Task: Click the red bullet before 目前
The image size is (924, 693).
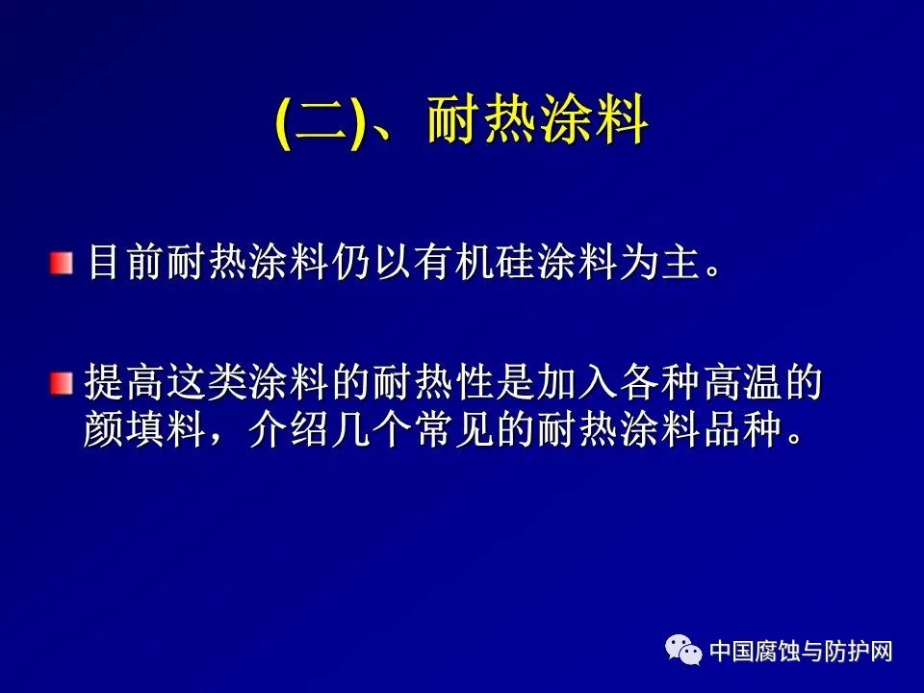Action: click(62, 263)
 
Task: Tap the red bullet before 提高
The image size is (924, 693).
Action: click(62, 384)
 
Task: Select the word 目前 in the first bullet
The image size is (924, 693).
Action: click(127, 262)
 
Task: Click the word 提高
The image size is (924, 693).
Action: click(123, 383)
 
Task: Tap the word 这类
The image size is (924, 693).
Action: click(205, 383)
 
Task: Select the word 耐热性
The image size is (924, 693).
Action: click(432, 383)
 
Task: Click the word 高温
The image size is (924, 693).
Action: click(741, 383)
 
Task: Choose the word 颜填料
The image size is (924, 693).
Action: click(143, 429)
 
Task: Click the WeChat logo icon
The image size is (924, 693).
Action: click(683, 650)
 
